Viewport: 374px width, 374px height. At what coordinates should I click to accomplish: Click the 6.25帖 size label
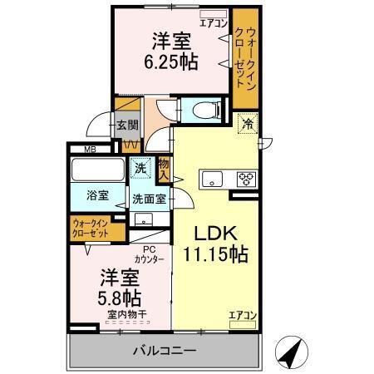[x=175, y=62]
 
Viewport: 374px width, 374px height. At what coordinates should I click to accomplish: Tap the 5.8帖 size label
[x=121, y=296]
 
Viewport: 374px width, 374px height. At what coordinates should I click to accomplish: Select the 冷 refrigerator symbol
[x=247, y=125]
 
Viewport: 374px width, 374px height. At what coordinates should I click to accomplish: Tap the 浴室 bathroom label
[x=98, y=196]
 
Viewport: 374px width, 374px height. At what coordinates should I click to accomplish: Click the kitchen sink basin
[x=211, y=177]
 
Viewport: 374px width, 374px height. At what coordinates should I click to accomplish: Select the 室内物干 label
[x=127, y=313]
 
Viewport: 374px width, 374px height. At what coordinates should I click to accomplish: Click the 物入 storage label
[x=164, y=170]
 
